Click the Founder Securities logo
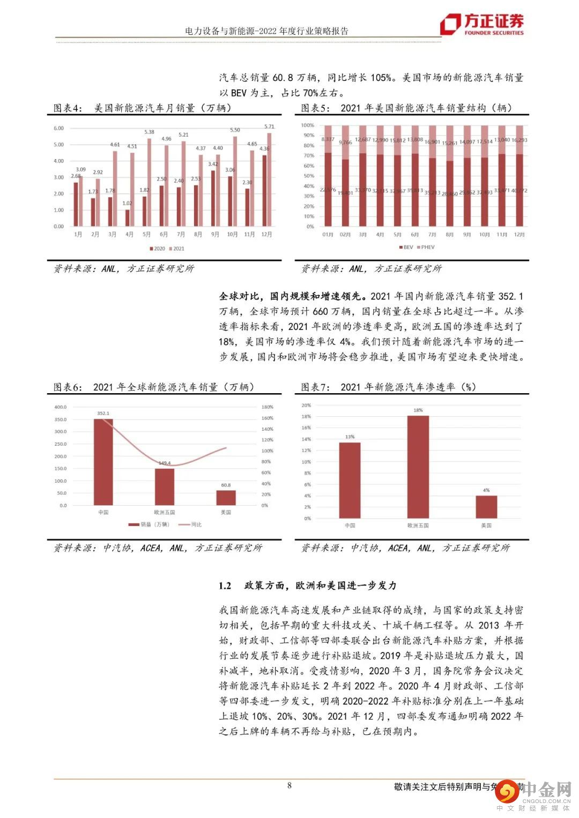[x=481, y=24]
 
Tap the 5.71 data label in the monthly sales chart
[x=269, y=126]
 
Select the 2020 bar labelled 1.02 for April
[x=127, y=217]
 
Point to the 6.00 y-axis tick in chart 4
[x=58, y=129]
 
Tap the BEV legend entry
[x=405, y=247]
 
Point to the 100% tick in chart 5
[x=308, y=125]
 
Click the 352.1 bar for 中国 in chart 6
[x=103, y=462]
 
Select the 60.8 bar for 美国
[x=226, y=498]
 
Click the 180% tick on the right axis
[x=267, y=407]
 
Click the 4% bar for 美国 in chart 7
[x=486, y=507]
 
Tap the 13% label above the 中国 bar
[x=350, y=437]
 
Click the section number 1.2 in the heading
[x=225, y=586]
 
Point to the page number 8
[x=289, y=786]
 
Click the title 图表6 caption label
[x=68, y=387]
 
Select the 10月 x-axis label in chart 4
[x=232, y=235]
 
